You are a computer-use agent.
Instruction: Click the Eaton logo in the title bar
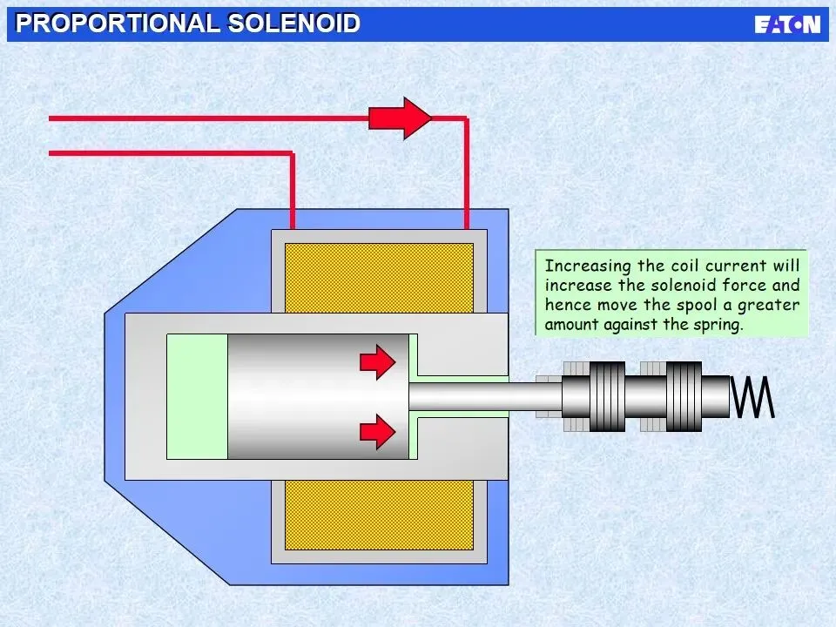coord(786,24)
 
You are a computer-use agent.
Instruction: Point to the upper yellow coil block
coord(379,276)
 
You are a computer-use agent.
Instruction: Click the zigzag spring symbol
coord(752,396)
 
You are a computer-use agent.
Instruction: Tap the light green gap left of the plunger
coord(197,396)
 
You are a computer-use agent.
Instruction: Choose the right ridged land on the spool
coord(684,397)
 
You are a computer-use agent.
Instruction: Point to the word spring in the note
coord(719,325)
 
